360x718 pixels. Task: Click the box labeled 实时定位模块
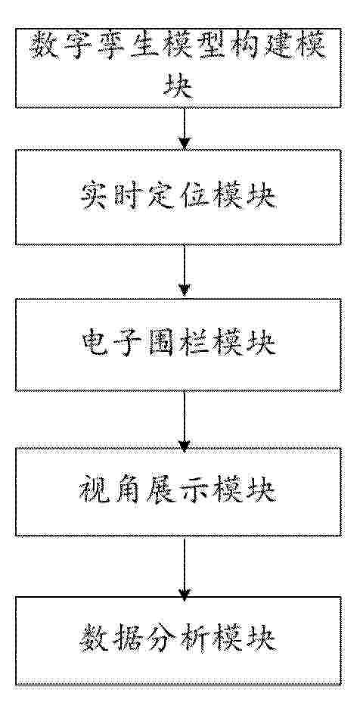click(x=178, y=197)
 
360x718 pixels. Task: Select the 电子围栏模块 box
click(x=178, y=345)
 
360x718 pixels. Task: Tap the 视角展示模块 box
click(x=178, y=491)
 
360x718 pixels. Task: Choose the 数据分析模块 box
click(x=178, y=641)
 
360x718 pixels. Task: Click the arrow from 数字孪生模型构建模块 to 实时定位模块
click(x=184, y=129)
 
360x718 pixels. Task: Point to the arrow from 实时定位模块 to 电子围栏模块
click(x=184, y=272)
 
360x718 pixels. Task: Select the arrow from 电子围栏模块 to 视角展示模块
click(x=184, y=419)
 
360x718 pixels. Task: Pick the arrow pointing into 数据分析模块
click(x=184, y=565)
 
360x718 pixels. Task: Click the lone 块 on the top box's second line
click(x=178, y=86)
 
